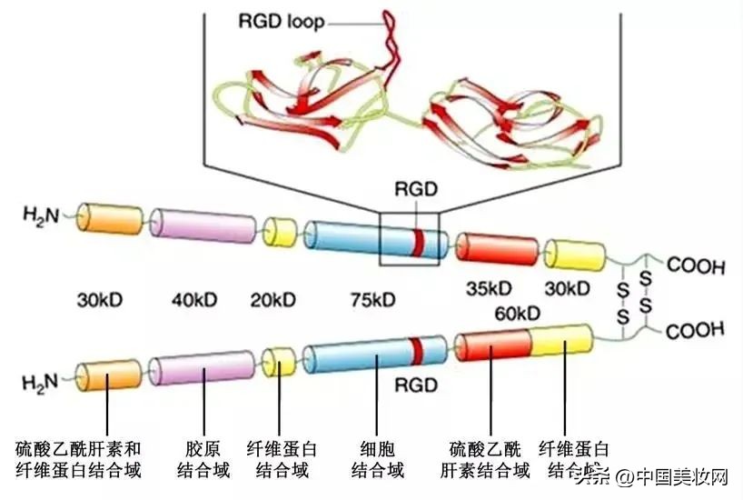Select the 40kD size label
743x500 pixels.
pyautogui.click(x=195, y=298)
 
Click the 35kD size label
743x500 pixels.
pyautogui.click(x=490, y=289)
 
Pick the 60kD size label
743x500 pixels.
pyautogui.click(x=519, y=315)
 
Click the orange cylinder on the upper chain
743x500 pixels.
pyautogui.click(x=108, y=219)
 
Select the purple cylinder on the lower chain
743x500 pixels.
pyautogui.click(x=201, y=368)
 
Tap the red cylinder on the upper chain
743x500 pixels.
pyautogui.click(x=496, y=248)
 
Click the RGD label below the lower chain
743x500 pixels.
pyautogui.click(x=416, y=385)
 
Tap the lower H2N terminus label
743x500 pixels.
pyautogui.click(x=40, y=377)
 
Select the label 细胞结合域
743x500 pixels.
pyautogui.click(x=377, y=460)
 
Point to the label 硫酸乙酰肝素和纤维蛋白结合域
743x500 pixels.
pyautogui.click(x=79, y=460)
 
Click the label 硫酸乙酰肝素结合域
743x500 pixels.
pyautogui.click(x=490, y=460)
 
